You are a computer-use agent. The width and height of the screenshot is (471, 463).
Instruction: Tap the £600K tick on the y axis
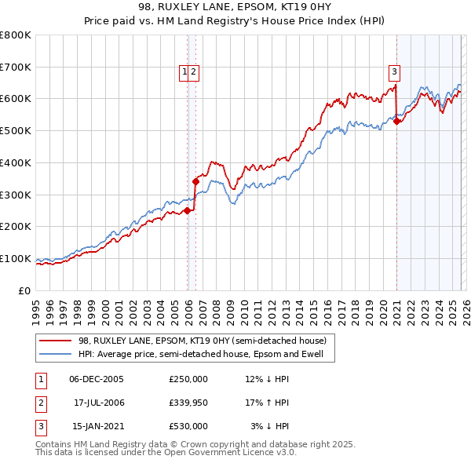click(16, 99)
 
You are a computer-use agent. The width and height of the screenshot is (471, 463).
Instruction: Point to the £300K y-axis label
click(16, 195)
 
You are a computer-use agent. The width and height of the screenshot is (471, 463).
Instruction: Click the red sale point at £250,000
click(188, 210)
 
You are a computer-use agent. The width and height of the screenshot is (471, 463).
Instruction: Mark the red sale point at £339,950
click(195, 181)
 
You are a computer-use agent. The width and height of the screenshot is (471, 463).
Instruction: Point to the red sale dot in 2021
click(397, 121)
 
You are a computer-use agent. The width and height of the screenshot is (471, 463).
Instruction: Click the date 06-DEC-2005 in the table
click(97, 379)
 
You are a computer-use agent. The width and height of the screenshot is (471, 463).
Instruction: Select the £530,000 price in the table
click(188, 426)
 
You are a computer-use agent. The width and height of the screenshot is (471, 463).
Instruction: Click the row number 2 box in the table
click(40, 403)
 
